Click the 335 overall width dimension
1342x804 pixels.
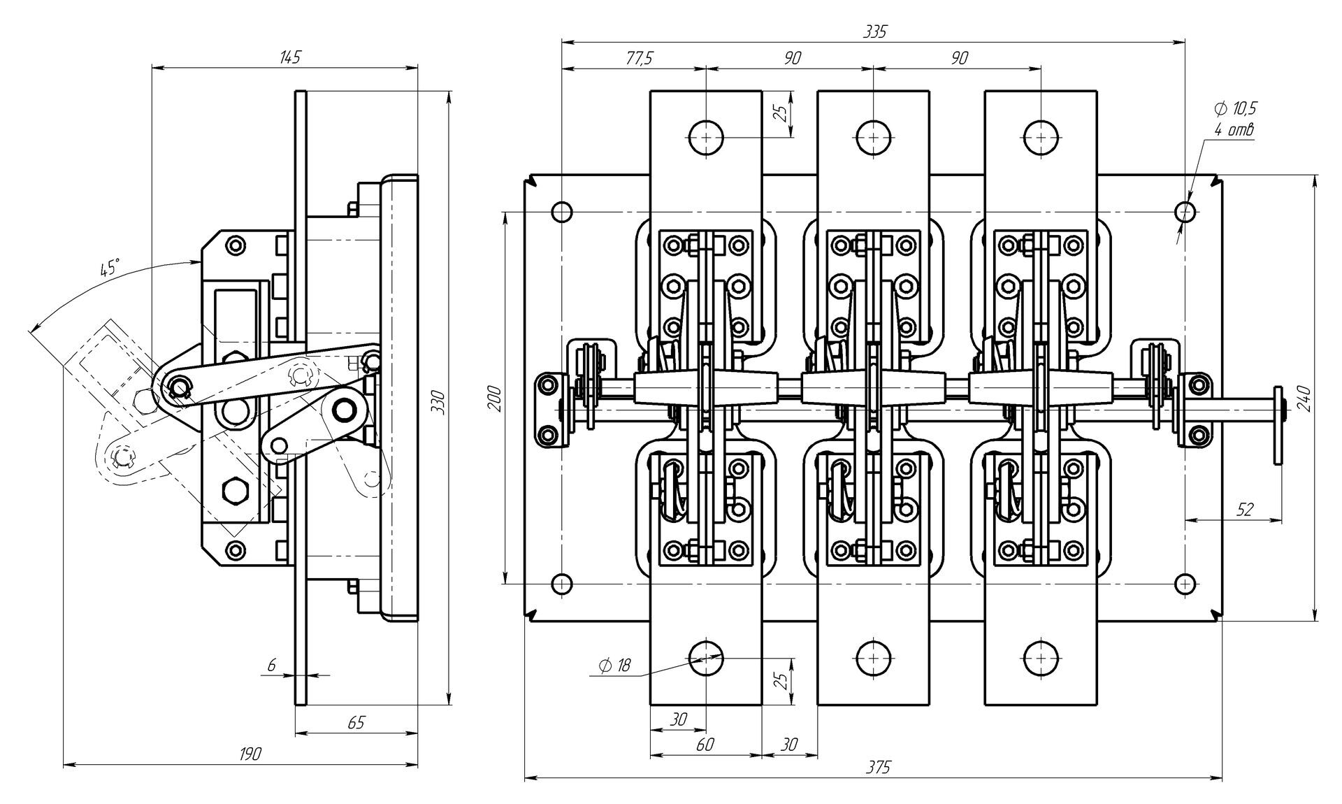tap(874, 31)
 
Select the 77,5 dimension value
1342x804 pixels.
tap(638, 59)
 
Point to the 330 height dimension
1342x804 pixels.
tap(438, 401)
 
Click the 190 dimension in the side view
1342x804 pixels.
tap(250, 754)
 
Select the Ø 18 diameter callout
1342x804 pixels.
tap(614, 665)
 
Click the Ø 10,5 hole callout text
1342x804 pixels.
tap(1236, 108)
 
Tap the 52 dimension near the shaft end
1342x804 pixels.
tap(1245, 509)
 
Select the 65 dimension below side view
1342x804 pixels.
tap(356, 722)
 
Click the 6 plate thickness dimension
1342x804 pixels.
tap(271, 666)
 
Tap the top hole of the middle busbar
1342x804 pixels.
tap(874, 136)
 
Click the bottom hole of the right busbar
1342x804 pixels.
tap(1041, 657)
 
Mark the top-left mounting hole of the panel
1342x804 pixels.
tap(561, 211)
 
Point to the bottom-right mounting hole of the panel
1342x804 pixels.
tap(1185, 582)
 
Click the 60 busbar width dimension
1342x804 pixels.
tap(705, 745)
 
